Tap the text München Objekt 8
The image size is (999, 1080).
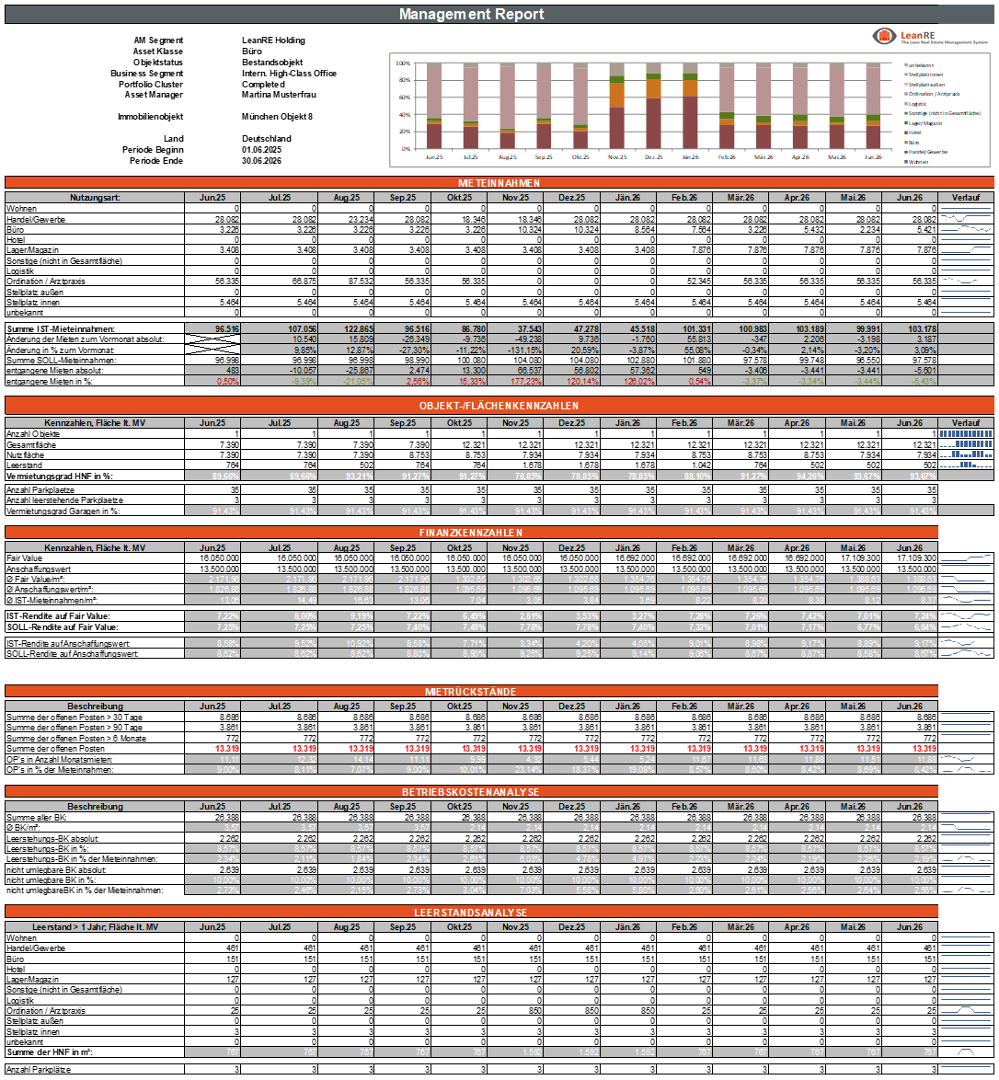click(277, 117)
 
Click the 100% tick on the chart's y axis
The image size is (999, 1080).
click(402, 63)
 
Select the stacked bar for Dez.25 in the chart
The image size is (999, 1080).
click(653, 111)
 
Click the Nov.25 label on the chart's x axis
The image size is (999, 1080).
click(616, 157)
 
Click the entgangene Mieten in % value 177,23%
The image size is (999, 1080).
click(520, 380)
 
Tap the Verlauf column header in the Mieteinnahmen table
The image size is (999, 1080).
click(966, 197)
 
